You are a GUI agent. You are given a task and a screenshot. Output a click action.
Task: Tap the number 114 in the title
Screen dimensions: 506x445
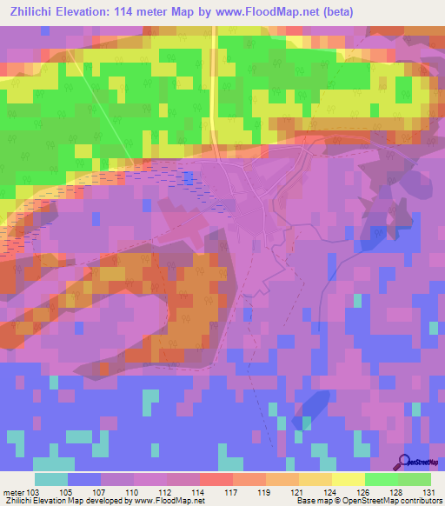click(149, 11)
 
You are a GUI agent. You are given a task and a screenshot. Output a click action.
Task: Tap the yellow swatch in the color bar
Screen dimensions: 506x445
click(348, 479)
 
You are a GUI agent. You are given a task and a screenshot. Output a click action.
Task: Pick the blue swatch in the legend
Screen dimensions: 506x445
click(83, 479)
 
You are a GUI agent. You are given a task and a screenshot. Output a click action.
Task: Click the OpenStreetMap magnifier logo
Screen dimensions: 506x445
click(402, 461)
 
